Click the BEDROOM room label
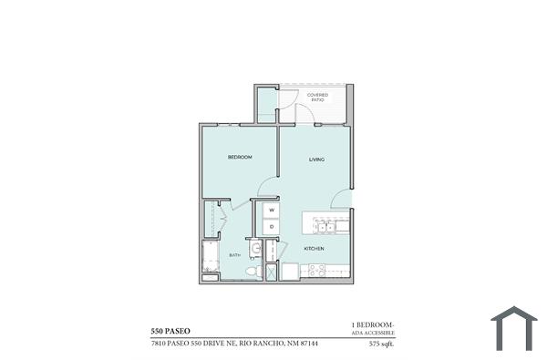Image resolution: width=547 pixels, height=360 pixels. [240, 158]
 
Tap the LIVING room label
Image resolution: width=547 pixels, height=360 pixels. [316, 159]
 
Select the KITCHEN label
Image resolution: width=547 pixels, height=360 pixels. [314, 248]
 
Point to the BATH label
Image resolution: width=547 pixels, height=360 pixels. [234, 255]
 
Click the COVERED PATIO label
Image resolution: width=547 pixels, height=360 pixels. [317, 97]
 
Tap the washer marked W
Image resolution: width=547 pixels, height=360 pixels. [271, 210]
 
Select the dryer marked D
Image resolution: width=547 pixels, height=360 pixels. [271, 226]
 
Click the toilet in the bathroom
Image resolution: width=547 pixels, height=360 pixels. [255, 271]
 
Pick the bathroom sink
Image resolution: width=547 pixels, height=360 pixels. [256, 248]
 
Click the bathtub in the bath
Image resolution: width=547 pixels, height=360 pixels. [211, 260]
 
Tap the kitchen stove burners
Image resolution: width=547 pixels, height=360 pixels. [316, 270]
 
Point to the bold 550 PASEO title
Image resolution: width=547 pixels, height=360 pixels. [171, 329]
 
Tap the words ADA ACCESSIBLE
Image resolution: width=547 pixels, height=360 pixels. [373, 334]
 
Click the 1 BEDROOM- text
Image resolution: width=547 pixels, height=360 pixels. [372, 324]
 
